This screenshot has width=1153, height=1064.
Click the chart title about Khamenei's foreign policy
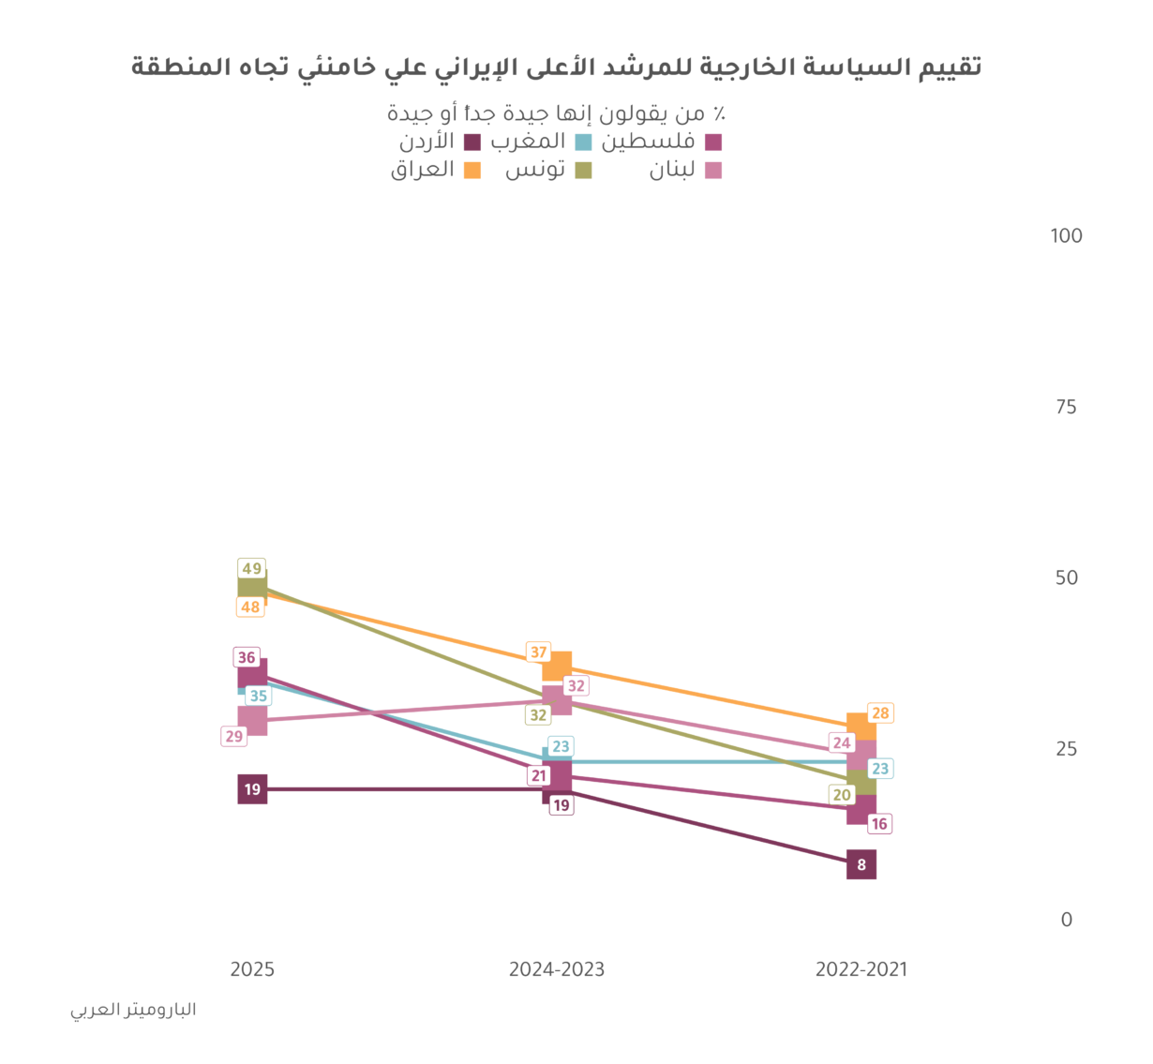pos(556,67)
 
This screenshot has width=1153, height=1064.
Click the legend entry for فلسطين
pos(661,142)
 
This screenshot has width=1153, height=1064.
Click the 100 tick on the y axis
pos(1066,235)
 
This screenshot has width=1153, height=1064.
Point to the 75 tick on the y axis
pos(1066,407)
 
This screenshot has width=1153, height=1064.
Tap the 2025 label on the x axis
pos(252,969)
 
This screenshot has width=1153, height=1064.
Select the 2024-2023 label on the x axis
pos(557,969)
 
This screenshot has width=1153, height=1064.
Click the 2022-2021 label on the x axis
pos(861,969)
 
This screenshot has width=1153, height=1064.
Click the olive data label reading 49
pos(251,569)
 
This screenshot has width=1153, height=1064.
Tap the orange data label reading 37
pos(538,652)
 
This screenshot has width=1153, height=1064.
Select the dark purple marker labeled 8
pos(861,865)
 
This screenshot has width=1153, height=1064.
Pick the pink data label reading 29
pos(233,737)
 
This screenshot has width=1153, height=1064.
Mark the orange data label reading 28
pos(880,713)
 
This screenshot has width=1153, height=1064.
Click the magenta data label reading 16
pos(879,824)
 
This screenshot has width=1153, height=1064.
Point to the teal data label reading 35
pos(258,697)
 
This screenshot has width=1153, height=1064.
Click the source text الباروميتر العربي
pos(133,1011)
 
